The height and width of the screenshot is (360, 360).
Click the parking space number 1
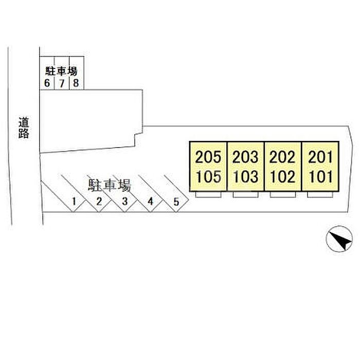point(74,202)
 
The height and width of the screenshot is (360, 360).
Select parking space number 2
point(99,202)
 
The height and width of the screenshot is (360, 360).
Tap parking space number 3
point(124,202)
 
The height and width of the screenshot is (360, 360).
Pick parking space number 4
point(150,202)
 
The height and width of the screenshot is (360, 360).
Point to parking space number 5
point(176,202)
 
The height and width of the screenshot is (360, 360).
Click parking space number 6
point(47,83)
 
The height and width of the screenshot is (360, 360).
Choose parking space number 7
point(62,83)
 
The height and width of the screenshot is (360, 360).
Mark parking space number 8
point(76,83)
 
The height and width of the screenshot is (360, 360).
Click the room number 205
point(208,157)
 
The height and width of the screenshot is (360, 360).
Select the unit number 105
point(208,176)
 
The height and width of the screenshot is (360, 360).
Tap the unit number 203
point(245,157)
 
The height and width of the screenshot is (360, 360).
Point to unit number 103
point(246,176)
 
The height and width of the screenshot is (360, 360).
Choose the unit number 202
point(282,157)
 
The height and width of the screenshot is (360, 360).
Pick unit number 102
point(283,176)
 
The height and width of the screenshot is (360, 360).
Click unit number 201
point(320,157)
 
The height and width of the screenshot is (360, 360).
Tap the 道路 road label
point(24,128)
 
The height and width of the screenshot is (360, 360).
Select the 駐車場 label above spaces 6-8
point(61,71)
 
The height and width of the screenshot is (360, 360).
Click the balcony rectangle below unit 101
point(320,194)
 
